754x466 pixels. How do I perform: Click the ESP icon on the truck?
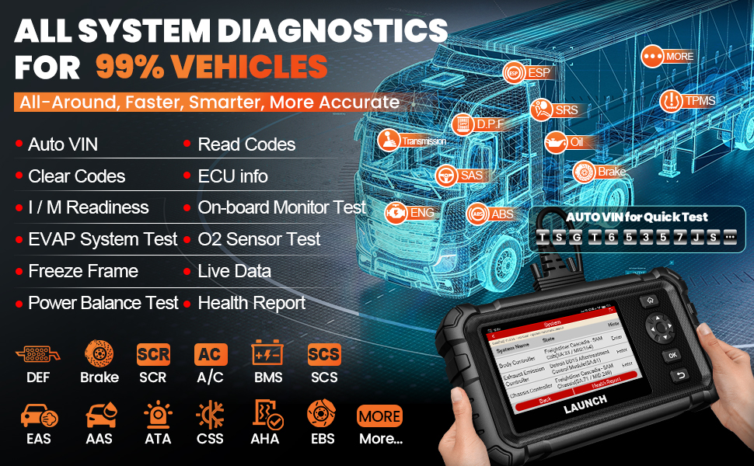514,73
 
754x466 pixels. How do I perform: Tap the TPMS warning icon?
671,101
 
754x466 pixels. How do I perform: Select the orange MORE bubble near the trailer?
653,57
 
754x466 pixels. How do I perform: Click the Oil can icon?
556,142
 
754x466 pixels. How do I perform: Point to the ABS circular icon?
478,214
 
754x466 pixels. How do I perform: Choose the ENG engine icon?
396,211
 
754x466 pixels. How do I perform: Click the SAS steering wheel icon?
446,176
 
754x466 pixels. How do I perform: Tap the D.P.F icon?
463,124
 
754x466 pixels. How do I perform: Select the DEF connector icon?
37,354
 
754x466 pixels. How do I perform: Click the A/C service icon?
211,354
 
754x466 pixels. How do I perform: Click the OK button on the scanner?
672,355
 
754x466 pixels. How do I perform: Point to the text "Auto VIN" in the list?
63,144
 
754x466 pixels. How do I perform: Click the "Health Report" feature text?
252,303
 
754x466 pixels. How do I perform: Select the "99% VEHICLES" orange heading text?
211,66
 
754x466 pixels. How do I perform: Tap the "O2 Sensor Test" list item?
259,239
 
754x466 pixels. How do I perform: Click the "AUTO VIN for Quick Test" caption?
637,217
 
